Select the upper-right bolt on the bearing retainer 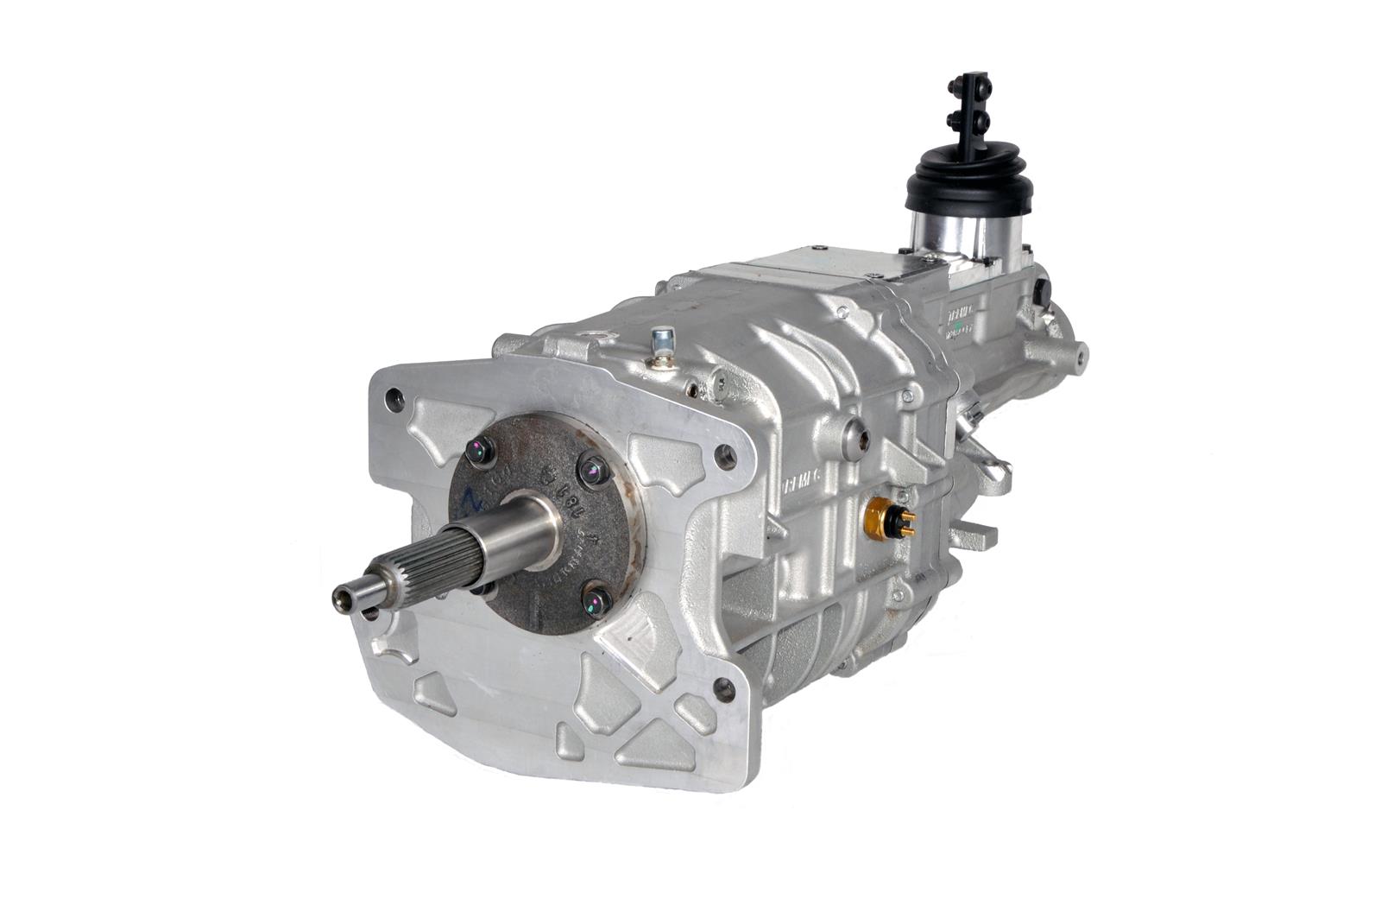(x=591, y=471)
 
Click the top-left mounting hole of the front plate (x=394, y=399)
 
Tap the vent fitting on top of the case (x=662, y=343)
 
